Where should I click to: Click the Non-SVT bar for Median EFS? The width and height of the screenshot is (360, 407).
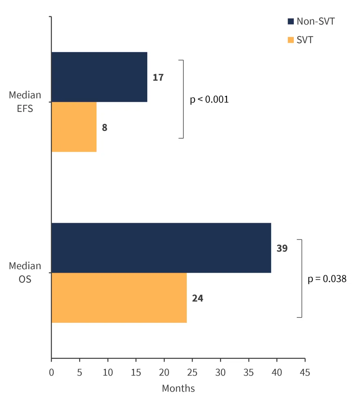99,77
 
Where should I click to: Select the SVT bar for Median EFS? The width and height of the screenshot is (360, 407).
74,127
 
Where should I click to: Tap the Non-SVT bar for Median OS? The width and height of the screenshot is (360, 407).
161,248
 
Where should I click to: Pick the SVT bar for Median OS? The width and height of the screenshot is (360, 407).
119,298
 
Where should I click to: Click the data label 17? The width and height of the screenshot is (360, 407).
158,77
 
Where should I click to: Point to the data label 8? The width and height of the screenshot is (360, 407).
105,127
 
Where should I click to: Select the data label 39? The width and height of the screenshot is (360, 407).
282,248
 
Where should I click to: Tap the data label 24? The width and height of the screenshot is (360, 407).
198,298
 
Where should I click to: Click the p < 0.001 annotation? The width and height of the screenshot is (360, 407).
209,99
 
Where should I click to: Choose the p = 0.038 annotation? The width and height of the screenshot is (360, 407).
327,279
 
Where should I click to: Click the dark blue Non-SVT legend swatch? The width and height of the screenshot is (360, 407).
291,21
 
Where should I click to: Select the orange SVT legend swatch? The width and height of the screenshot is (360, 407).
291,40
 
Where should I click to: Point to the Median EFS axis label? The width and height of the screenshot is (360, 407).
25,102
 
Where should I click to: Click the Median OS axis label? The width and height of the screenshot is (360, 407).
25,272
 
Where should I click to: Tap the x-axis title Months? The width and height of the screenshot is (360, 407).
178,388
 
